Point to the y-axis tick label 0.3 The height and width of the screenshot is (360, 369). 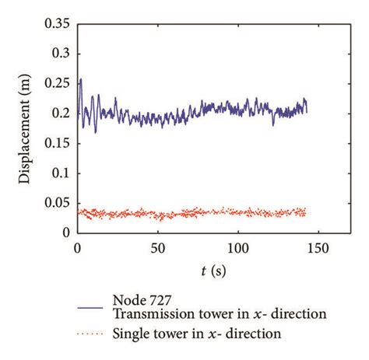point(59,54)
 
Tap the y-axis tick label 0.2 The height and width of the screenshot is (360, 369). point(59,114)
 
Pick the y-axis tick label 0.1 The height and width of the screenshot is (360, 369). point(59,173)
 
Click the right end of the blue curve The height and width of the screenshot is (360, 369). point(307,111)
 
